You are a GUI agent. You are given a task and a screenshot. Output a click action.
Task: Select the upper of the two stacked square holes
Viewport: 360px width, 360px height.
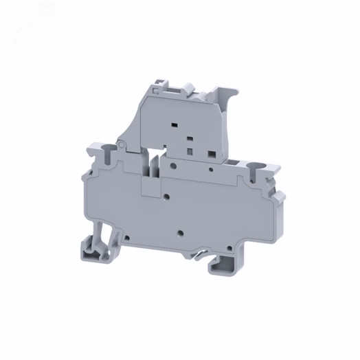click(x=189, y=136)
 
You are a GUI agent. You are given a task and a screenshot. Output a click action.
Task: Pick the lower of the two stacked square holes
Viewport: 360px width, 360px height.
click(x=189, y=146)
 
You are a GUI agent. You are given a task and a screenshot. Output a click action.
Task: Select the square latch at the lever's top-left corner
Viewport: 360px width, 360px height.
click(x=158, y=85)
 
